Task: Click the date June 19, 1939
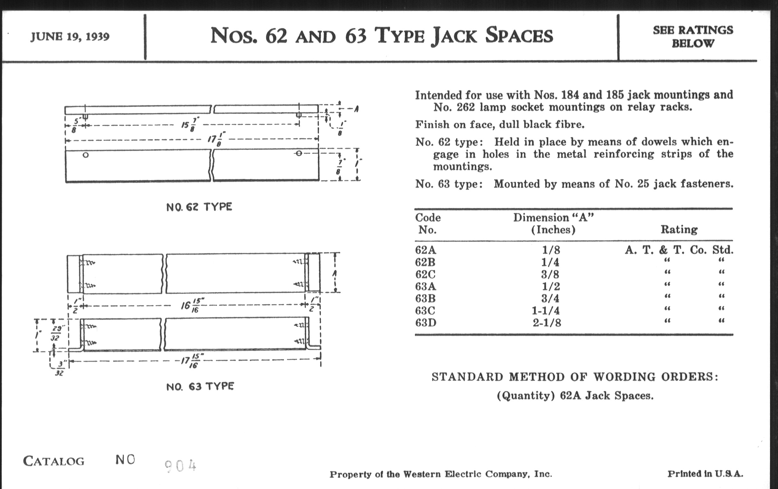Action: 70,36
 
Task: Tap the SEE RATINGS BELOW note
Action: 693,36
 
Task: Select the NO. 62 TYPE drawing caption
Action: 199,207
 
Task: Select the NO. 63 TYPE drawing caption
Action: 200,386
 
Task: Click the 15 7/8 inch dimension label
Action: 190,124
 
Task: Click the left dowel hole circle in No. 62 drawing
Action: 85,155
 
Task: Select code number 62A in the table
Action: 425,250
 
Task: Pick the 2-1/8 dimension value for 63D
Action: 547,322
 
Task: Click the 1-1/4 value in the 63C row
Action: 546,311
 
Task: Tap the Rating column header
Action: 679,229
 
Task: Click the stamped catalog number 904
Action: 180,466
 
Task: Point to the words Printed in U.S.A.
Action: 705,474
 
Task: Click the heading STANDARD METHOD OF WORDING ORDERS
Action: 575,377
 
